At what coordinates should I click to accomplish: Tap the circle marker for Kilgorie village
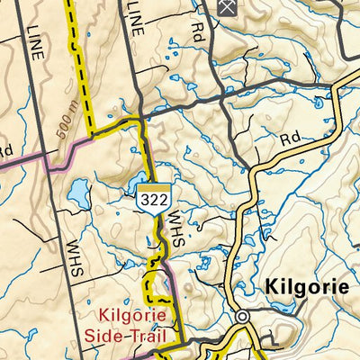[x=242, y=317]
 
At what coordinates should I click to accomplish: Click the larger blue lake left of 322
[x=78, y=192]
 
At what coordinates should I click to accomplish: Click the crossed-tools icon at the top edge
[x=227, y=6]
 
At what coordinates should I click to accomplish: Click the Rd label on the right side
[x=289, y=140]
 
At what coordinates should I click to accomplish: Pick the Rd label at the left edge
[x=5, y=148]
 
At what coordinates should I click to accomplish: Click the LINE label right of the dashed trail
[x=136, y=17]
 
